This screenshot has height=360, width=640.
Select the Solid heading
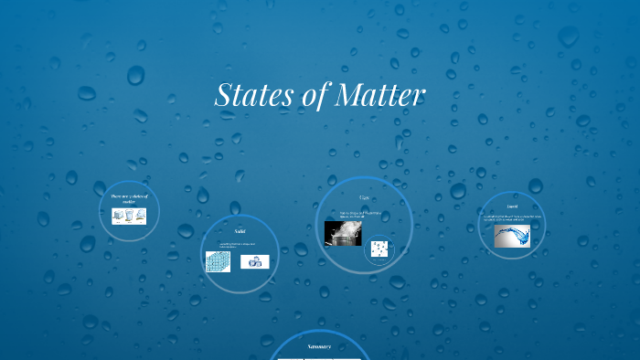coord(240,231)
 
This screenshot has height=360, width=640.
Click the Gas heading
coord(364,197)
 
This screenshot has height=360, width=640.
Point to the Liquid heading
coord(512,207)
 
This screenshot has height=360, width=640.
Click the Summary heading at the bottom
coord(319,346)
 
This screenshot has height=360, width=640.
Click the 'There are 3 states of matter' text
coord(129,198)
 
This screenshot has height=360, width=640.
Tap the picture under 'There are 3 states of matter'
coord(129,217)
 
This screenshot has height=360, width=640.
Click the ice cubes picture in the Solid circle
coord(254,262)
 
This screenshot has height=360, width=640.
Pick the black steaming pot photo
coord(343,233)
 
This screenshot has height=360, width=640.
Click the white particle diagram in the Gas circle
coord(379,249)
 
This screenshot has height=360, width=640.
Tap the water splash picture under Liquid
coord(512,237)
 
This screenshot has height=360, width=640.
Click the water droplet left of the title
coord(135,75)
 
